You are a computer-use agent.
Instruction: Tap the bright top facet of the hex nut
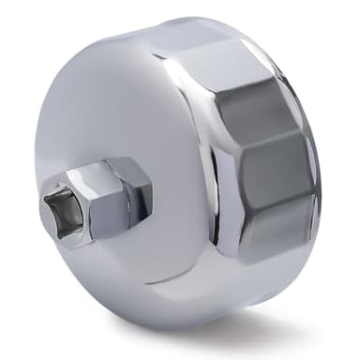(112, 169)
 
